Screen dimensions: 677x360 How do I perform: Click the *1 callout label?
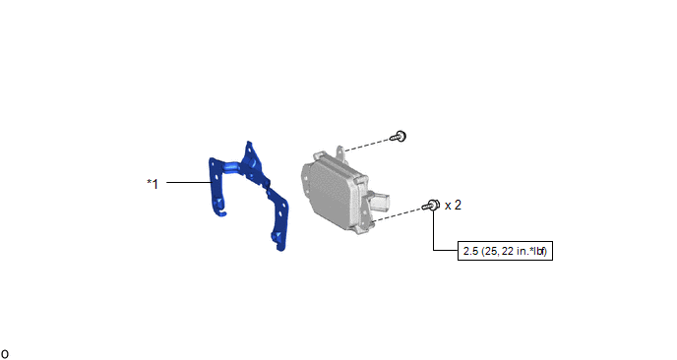pyautogui.click(x=153, y=184)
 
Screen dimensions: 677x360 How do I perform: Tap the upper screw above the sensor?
pyautogui.click(x=399, y=137)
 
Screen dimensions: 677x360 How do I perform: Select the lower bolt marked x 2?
pyautogui.click(x=431, y=205)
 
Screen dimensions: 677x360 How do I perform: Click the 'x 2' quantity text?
pyautogui.click(x=453, y=205)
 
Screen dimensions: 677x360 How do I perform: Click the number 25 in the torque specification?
pyautogui.click(x=491, y=251)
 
